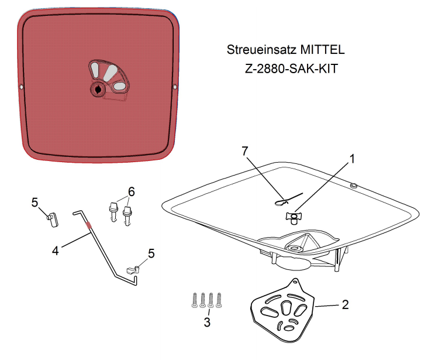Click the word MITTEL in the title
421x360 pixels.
click(x=322, y=50)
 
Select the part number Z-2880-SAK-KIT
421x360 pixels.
click(x=291, y=69)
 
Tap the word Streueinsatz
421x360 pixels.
click(x=262, y=50)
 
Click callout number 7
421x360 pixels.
click(x=244, y=151)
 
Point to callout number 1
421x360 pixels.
click(x=352, y=159)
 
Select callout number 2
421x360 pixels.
click(x=346, y=304)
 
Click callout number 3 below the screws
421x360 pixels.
click(x=207, y=322)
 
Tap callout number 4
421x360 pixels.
click(x=55, y=251)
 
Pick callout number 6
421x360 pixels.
click(x=131, y=191)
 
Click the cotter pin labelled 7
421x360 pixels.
click(x=289, y=199)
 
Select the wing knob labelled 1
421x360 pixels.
click(x=293, y=217)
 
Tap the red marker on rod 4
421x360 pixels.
click(x=89, y=225)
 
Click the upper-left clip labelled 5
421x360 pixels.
click(x=53, y=220)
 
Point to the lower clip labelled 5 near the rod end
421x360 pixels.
click(x=133, y=270)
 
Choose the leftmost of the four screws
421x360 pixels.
click(x=194, y=300)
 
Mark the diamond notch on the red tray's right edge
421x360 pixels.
click(x=175, y=87)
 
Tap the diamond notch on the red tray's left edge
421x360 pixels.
click(x=22, y=87)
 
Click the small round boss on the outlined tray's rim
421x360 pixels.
click(x=354, y=185)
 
